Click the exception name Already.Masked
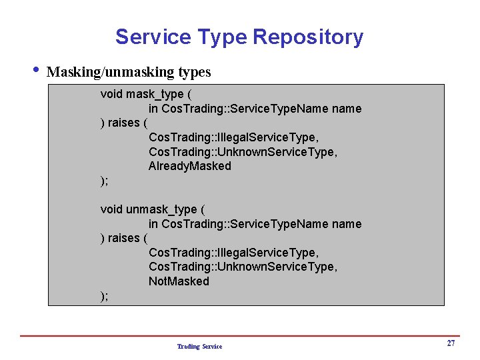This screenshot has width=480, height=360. tap(189, 166)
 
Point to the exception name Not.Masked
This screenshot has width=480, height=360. tap(179, 281)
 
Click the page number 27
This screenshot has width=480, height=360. tap(451, 343)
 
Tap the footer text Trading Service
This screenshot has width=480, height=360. tap(199, 347)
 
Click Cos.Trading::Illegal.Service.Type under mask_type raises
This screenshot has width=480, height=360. tap(233, 137)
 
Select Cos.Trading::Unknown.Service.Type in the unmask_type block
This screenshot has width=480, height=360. tap(243, 267)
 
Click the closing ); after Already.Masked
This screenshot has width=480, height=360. tap(104, 181)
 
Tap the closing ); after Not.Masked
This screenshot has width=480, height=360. tap(104, 296)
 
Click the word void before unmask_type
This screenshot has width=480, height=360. tap(111, 209)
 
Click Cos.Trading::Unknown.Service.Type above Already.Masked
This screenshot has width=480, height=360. tap(243, 152)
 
